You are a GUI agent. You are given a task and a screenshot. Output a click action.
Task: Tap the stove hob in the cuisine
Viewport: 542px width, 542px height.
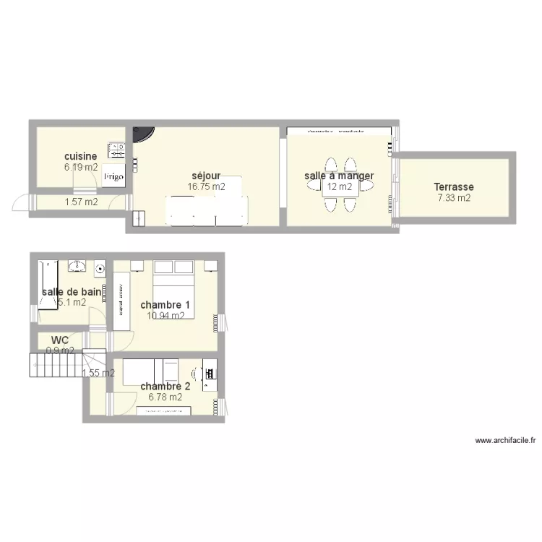pos(116,150)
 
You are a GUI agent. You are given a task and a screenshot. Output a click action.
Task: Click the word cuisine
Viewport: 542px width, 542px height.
pos(80,156)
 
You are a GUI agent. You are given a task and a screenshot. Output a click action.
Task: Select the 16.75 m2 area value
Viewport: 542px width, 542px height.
pos(206,186)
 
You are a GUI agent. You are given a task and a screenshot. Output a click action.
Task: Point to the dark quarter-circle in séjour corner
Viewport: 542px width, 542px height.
pos(143,134)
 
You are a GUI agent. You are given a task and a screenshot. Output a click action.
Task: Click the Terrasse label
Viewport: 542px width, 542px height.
pos(454,186)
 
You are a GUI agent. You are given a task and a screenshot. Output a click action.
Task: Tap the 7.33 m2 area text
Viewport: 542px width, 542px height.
pos(454,197)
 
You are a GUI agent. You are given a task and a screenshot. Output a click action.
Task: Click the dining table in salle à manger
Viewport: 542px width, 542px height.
pos(340,186)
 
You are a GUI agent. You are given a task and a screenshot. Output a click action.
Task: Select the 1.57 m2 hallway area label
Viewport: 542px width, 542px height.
pos(81,202)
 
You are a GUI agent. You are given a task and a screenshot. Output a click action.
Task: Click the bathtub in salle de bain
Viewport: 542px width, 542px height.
pos(48,283)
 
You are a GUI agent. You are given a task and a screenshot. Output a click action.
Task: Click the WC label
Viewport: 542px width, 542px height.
pos(60,340)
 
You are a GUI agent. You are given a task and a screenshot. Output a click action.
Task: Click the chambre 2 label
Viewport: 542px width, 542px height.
pos(165,387)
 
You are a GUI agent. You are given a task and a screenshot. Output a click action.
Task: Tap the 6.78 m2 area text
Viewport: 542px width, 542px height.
pos(165,397)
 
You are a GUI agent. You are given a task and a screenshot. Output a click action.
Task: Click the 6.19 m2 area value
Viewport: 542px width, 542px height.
pos(80,167)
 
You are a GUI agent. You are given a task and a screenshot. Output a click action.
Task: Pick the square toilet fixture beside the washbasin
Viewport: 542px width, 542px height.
pos(99,268)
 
